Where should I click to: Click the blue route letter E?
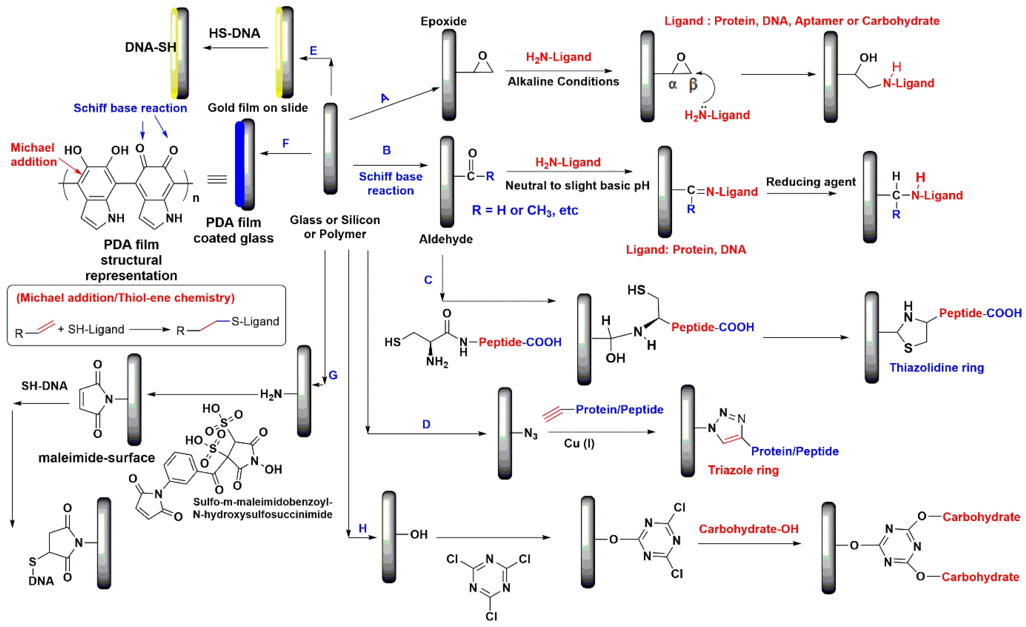click(313, 51)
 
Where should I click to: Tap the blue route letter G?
click(333, 375)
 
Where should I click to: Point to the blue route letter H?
click(363, 528)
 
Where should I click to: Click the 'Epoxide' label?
click(444, 21)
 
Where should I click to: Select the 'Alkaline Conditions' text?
click(563, 82)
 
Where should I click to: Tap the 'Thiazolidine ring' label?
click(936, 368)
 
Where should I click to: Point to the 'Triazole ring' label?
click(743, 470)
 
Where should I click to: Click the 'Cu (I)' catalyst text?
click(579, 444)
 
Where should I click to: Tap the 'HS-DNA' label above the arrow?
click(235, 33)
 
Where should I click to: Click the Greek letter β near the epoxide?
click(692, 84)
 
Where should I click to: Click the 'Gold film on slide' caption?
click(258, 108)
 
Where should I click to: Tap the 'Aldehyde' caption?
click(446, 239)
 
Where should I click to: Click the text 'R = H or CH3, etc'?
click(525, 210)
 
